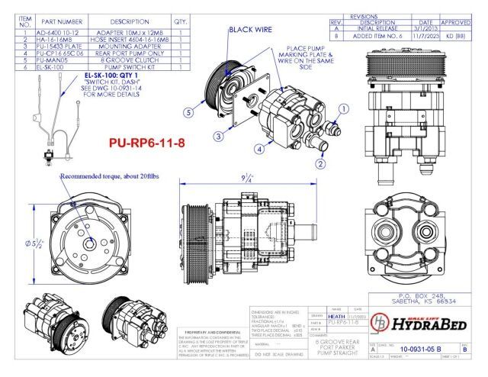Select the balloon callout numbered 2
tap(320, 163)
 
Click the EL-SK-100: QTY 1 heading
tap(111, 76)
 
